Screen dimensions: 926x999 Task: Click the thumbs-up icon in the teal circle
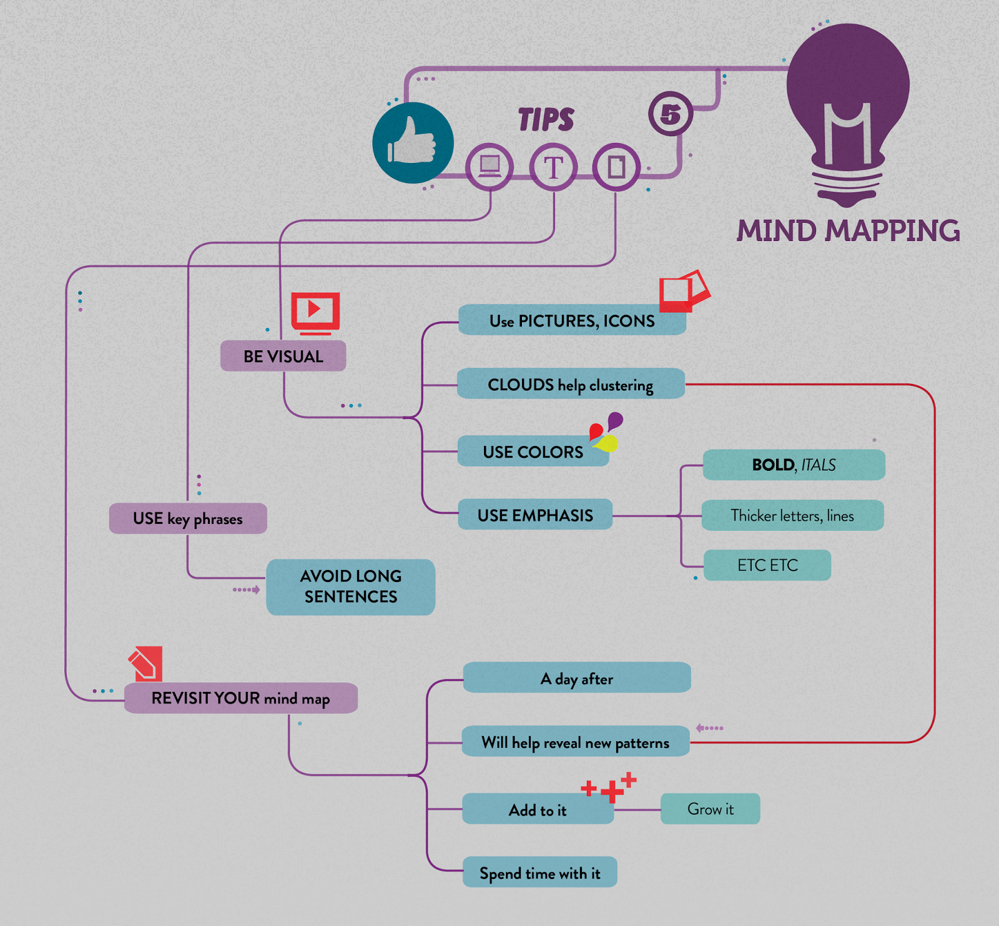[413, 143]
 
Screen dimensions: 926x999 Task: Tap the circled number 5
[671, 114]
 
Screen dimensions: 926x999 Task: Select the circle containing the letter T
[553, 167]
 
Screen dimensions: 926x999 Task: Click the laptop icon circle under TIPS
[490, 167]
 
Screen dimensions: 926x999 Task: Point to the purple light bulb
[847, 112]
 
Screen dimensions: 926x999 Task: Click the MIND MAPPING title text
[848, 231]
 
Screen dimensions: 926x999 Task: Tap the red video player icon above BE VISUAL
[315, 311]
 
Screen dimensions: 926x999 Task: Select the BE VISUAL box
[283, 357]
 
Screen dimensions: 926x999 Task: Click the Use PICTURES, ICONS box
[571, 321]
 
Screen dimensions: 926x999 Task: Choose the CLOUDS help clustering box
[570, 385]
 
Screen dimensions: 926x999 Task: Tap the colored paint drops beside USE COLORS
[605, 432]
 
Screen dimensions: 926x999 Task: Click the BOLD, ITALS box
[794, 465]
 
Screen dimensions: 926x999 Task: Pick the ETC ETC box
[767, 565]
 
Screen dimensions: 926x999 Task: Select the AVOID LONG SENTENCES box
[350, 586]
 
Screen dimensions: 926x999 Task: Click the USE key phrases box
[188, 518]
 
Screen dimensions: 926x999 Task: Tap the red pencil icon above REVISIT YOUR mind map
[146, 663]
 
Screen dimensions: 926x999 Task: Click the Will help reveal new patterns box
[575, 742]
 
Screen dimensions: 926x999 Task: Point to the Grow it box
[710, 809]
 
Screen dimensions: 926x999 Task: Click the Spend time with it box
[539, 873]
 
